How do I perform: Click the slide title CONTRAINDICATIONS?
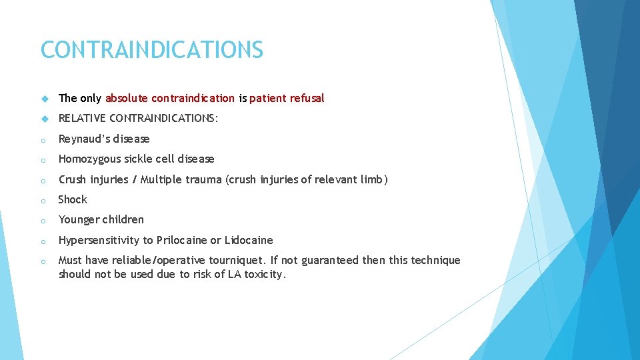click(152, 50)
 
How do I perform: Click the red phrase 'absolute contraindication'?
click(169, 99)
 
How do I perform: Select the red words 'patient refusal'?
click(287, 99)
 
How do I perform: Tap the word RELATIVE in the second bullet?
click(82, 119)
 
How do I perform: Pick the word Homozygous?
click(87, 159)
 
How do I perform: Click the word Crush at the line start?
click(72, 179)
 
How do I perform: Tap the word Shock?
click(73, 199)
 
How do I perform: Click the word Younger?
click(79, 219)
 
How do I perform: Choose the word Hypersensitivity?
click(98, 240)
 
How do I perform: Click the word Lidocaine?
click(249, 240)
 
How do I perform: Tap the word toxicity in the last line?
click(265, 274)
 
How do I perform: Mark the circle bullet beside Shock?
click(43, 200)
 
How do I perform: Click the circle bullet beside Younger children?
click(43, 220)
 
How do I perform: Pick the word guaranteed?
click(331, 261)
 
